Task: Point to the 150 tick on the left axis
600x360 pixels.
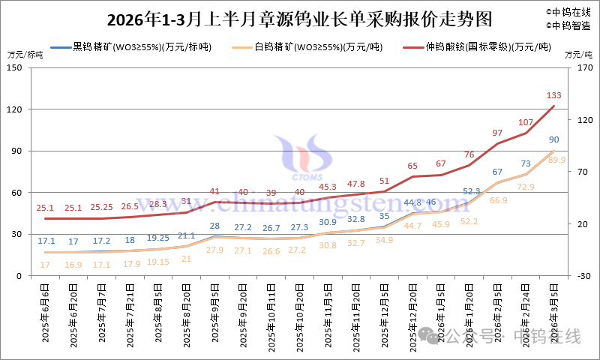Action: (x=15, y=67)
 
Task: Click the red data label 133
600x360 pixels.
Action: (x=554, y=95)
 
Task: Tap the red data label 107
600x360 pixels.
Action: (x=526, y=121)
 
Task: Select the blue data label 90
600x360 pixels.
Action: (x=554, y=139)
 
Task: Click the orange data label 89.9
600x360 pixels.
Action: (x=557, y=160)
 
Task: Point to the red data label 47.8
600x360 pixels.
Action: (x=355, y=183)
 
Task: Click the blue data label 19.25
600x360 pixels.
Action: (x=158, y=238)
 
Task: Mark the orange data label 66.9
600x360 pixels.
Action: (x=498, y=200)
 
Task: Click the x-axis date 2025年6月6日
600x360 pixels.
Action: (x=46, y=313)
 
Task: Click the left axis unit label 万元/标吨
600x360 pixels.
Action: (x=25, y=55)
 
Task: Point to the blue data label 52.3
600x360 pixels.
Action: (x=470, y=191)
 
